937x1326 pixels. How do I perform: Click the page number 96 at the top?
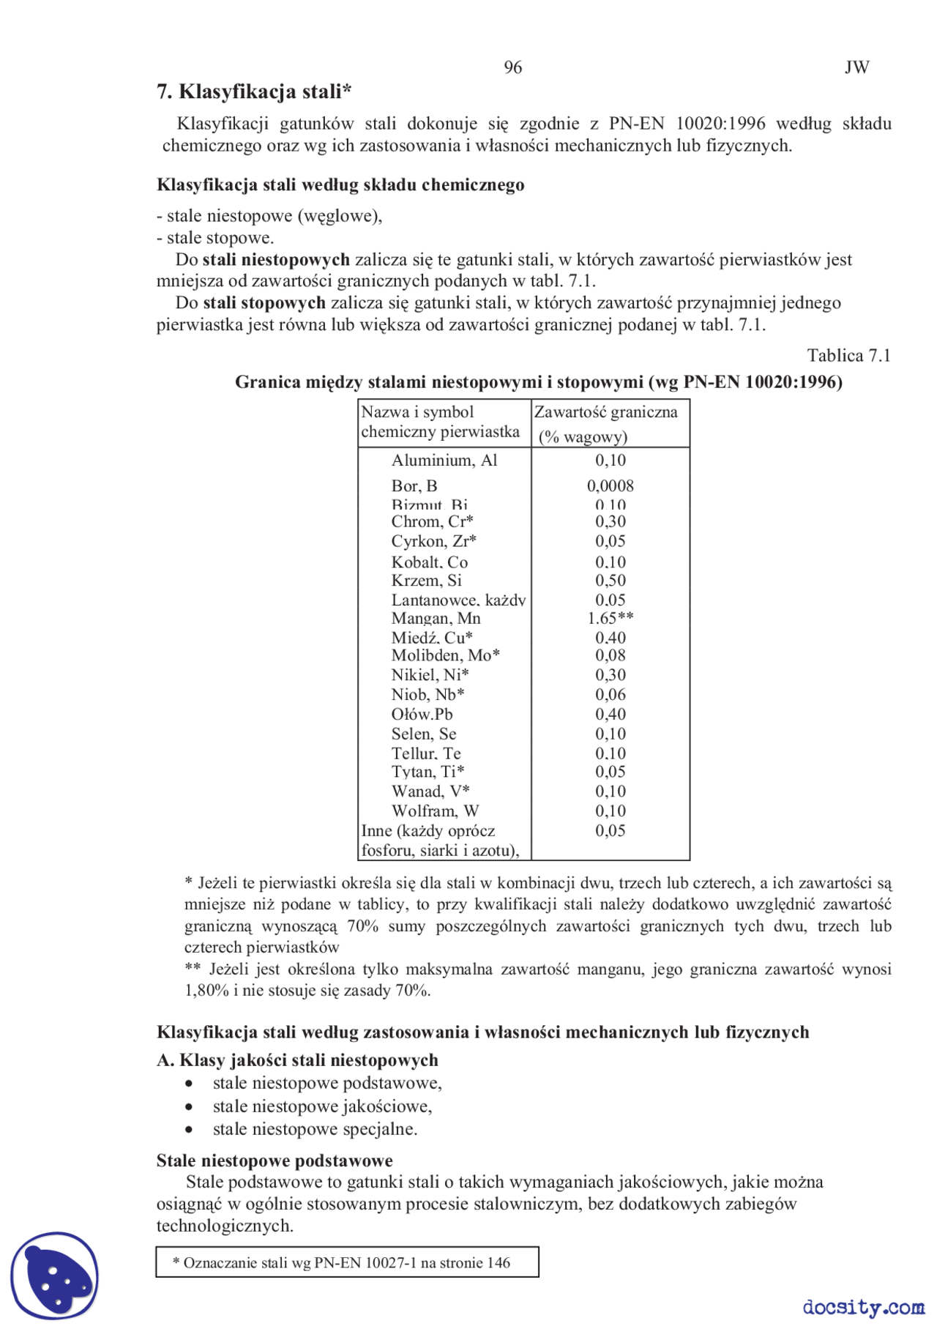[x=512, y=67]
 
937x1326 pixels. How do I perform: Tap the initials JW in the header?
[x=856, y=67]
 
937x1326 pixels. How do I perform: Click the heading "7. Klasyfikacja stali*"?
[x=254, y=92]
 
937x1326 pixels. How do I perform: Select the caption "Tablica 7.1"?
[x=848, y=356]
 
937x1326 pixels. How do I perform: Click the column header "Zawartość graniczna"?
[x=605, y=412]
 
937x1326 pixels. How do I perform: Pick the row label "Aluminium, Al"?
[x=444, y=461]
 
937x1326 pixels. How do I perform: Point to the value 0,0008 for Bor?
[x=610, y=486]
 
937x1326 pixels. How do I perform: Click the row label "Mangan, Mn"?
[x=436, y=619]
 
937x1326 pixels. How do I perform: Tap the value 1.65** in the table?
[x=610, y=619]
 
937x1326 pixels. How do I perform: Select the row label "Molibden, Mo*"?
[x=445, y=655]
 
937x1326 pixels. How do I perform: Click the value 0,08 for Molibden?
[x=610, y=655]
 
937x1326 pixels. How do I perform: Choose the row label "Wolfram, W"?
[x=435, y=811]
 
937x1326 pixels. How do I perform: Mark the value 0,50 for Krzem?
[x=610, y=581]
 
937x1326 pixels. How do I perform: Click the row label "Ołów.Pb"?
[x=422, y=715]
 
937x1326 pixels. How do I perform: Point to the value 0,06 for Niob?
[x=610, y=695]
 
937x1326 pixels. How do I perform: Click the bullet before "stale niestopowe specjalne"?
[x=190, y=1130]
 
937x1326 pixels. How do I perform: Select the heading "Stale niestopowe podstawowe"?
[x=275, y=1161]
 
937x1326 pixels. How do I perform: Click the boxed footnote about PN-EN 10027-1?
[x=347, y=1262]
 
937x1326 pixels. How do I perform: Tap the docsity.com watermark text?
[x=863, y=1307]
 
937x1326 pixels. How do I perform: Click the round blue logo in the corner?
[x=54, y=1275]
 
